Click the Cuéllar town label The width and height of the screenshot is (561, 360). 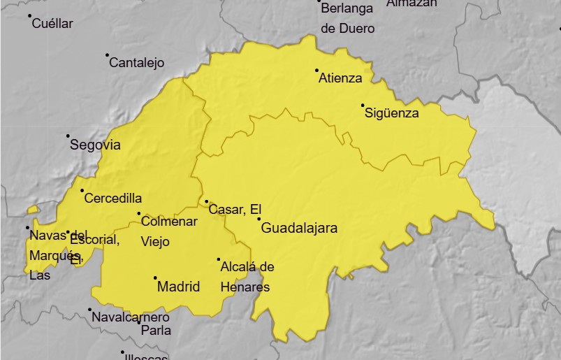(x=52, y=24)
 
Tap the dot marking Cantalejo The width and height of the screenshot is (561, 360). (x=107, y=55)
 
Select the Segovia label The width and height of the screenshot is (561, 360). (x=95, y=145)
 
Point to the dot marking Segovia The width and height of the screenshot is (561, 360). (x=68, y=136)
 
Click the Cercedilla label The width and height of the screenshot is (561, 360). (x=112, y=199)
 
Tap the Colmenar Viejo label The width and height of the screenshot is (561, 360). (x=168, y=231)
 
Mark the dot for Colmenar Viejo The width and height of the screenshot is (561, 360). (x=138, y=213)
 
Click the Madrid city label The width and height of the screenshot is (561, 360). (x=178, y=287)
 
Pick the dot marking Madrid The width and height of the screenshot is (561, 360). (x=155, y=278)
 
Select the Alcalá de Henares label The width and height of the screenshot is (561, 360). (x=247, y=277)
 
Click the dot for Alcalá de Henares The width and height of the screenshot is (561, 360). (x=218, y=259)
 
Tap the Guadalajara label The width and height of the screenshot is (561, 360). (x=299, y=228)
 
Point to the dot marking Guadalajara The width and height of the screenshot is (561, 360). (x=258, y=219)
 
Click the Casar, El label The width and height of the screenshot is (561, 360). (x=234, y=210)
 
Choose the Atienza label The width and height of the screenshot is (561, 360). (x=340, y=78)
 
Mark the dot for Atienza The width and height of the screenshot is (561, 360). (x=316, y=70)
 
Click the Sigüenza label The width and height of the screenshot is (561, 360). (x=391, y=113)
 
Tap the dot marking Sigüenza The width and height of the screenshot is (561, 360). (x=363, y=105)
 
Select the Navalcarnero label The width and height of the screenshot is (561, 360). (x=131, y=317)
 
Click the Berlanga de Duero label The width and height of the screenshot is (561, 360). (x=347, y=18)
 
